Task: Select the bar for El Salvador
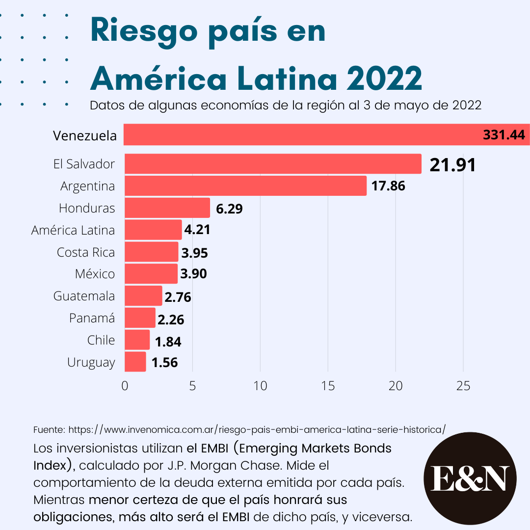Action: pos(273,164)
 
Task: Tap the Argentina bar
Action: pos(245,186)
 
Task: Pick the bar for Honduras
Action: pos(167,208)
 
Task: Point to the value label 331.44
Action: pos(503,135)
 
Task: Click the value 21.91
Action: pos(452,165)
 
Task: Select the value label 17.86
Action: pos(388,186)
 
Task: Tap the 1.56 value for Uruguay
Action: pos(164,363)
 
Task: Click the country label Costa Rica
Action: pos(86,252)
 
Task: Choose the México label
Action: pos(95,274)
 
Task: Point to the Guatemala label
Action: pos(84,296)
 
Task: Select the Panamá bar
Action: pos(140,318)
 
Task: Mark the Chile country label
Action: pos(101,340)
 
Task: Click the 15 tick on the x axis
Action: pos(328,386)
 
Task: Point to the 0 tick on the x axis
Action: pos(125,386)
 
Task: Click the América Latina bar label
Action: pos(73,230)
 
